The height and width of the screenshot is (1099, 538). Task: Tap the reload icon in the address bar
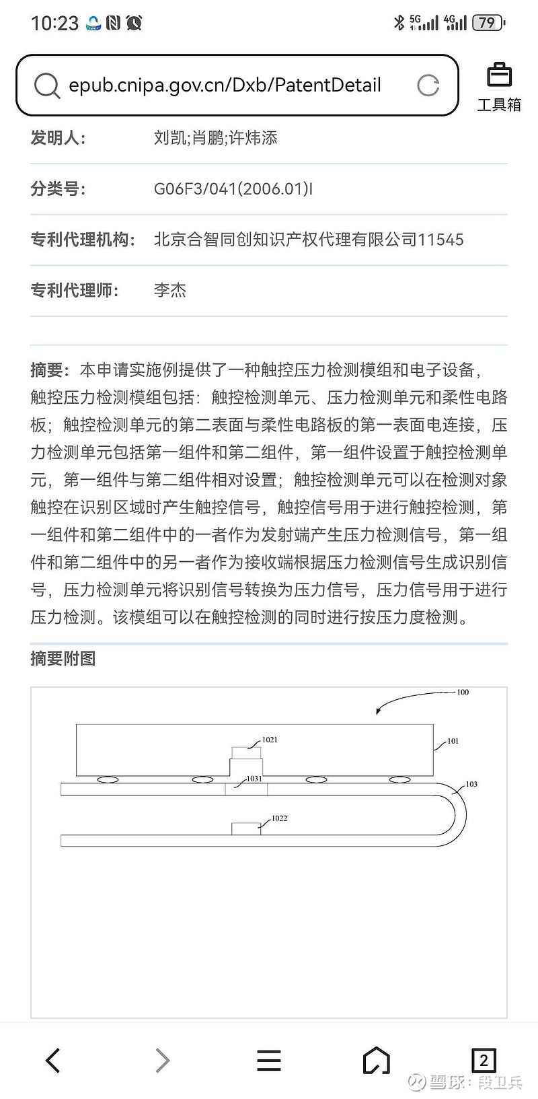[x=428, y=85]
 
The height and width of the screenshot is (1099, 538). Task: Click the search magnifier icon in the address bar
[x=46, y=85]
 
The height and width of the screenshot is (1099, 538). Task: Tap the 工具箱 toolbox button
[x=499, y=87]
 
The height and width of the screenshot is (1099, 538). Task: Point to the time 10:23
[x=54, y=24]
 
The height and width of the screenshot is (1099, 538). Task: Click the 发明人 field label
[x=58, y=139]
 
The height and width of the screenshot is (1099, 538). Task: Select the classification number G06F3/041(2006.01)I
[x=233, y=189]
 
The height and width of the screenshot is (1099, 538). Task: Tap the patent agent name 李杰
[x=169, y=291]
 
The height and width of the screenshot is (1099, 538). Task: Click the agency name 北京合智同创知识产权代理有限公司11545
[x=309, y=240]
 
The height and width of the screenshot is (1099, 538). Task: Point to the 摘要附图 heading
[x=63, y=658]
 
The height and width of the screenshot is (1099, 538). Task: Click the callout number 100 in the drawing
[x=463, y=692]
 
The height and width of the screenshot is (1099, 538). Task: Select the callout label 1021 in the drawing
[x=270, y=740]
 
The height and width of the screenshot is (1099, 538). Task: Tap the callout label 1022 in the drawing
[x=279, y=818]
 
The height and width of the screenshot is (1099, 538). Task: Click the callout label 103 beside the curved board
[x=471, y=784]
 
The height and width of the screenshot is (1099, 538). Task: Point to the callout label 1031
[x=254, y=779]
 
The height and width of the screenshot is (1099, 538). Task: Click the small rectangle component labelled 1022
[x=246, y=828]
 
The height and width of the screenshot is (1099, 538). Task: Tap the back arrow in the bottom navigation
[x=53, y=1060]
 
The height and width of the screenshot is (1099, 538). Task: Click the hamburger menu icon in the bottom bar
[x=269, y=1060]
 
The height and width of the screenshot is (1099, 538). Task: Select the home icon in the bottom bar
[x=376, y=1060]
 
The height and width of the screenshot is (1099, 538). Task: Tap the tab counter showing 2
[x=484, y=1060]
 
